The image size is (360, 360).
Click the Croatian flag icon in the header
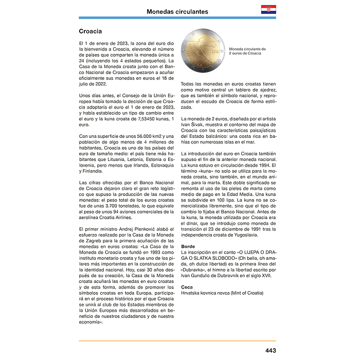point(268,10)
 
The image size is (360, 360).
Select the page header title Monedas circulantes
point(177,11)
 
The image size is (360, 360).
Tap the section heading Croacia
point(90,31)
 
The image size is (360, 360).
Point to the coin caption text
point(247,51)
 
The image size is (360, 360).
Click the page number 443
point(271,350)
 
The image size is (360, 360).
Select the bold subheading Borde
point(188,246)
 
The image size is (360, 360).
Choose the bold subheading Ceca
point(188,286)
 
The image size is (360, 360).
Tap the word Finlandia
point(94,170)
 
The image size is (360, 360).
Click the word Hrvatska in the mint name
point(193,293)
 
